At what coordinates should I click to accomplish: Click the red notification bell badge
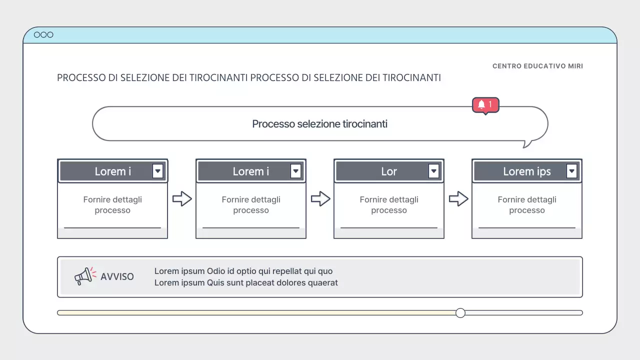pos(485,105)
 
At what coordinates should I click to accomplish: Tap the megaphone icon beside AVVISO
pos(85,276)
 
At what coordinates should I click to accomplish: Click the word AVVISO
pos(117,276)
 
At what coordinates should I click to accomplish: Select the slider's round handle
pos(460,313)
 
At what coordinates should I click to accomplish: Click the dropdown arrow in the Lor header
pos(433,171)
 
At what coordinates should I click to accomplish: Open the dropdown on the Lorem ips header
pos(571,171)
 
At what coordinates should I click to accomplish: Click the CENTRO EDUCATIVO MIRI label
pos(537,66)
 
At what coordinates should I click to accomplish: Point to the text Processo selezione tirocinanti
pos(319,124)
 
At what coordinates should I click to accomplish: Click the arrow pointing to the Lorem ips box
pos(458,198)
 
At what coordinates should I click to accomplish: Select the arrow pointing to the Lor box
pos(320,198)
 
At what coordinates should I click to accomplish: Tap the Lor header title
pos(389,171)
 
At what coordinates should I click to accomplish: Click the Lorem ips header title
pos(527,171)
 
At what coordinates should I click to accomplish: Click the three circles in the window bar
pos(43,34)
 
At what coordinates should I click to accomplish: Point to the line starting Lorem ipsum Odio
pos(243,271)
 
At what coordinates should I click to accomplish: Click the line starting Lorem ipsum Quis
pos(246,282)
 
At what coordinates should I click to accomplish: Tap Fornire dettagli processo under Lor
pos(389,204)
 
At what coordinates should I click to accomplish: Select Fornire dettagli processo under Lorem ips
pos(527,204)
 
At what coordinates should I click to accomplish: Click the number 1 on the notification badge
pos(490,104)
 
